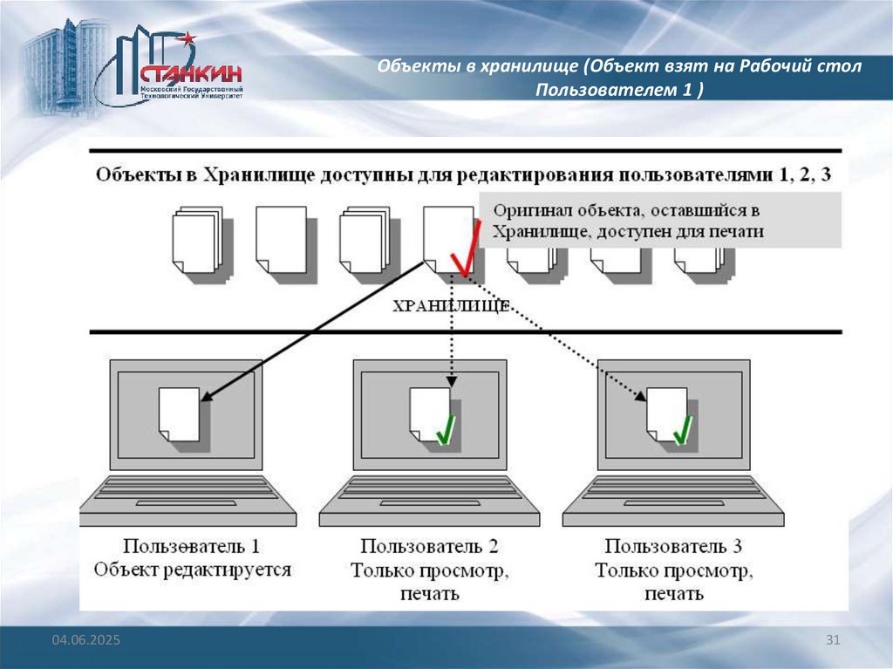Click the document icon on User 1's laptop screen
(180, 413)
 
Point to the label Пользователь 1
(191, 548)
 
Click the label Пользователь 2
(430, 548)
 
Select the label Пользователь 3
(673, 548)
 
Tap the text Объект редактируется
(194, 570)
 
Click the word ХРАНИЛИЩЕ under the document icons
(451, 306)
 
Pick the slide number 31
(832, 641)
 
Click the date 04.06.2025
(85, 641)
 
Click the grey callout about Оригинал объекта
(661, 222)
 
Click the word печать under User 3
(673, 595)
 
